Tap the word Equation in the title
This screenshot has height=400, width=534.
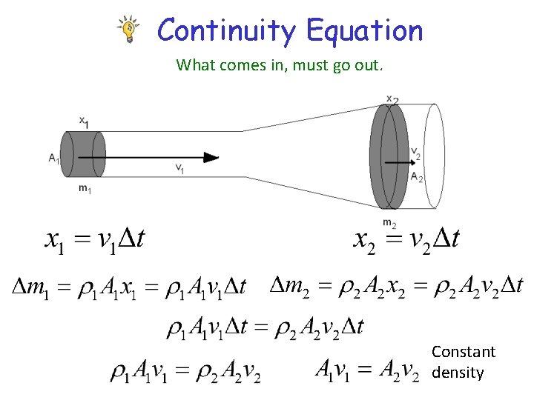(364, 31)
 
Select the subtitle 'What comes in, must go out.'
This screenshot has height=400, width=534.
(280, 65)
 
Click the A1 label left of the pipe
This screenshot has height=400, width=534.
(53, 157)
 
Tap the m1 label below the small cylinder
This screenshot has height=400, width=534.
(85, 188)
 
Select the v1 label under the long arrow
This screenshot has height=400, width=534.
(180, 168)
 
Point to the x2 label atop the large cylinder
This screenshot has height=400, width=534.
(392, 99)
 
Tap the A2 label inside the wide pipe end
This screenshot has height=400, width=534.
(416, 178)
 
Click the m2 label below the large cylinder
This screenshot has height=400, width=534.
(389, 222)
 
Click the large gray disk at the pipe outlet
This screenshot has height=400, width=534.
(389, 156)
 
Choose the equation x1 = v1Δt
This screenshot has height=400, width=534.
(95, 239)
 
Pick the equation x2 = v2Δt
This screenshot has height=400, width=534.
(406, 239)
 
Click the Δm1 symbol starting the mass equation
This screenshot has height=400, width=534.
(27, 286)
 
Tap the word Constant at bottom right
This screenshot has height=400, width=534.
(464, 352)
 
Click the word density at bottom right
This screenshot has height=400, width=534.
(458, 373)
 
